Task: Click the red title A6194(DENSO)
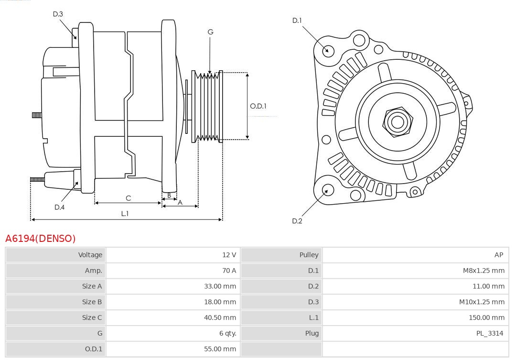(41, 238)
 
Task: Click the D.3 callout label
(58, 14)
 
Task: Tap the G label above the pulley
(210, 32)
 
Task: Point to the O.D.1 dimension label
(258, 106)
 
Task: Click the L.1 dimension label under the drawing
(124, 214)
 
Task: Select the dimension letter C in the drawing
(128, 198)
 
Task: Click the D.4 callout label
(59, 207)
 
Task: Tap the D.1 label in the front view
(297, 20)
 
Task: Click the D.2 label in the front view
(297, 221)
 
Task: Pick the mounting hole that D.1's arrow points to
(328, 50)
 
